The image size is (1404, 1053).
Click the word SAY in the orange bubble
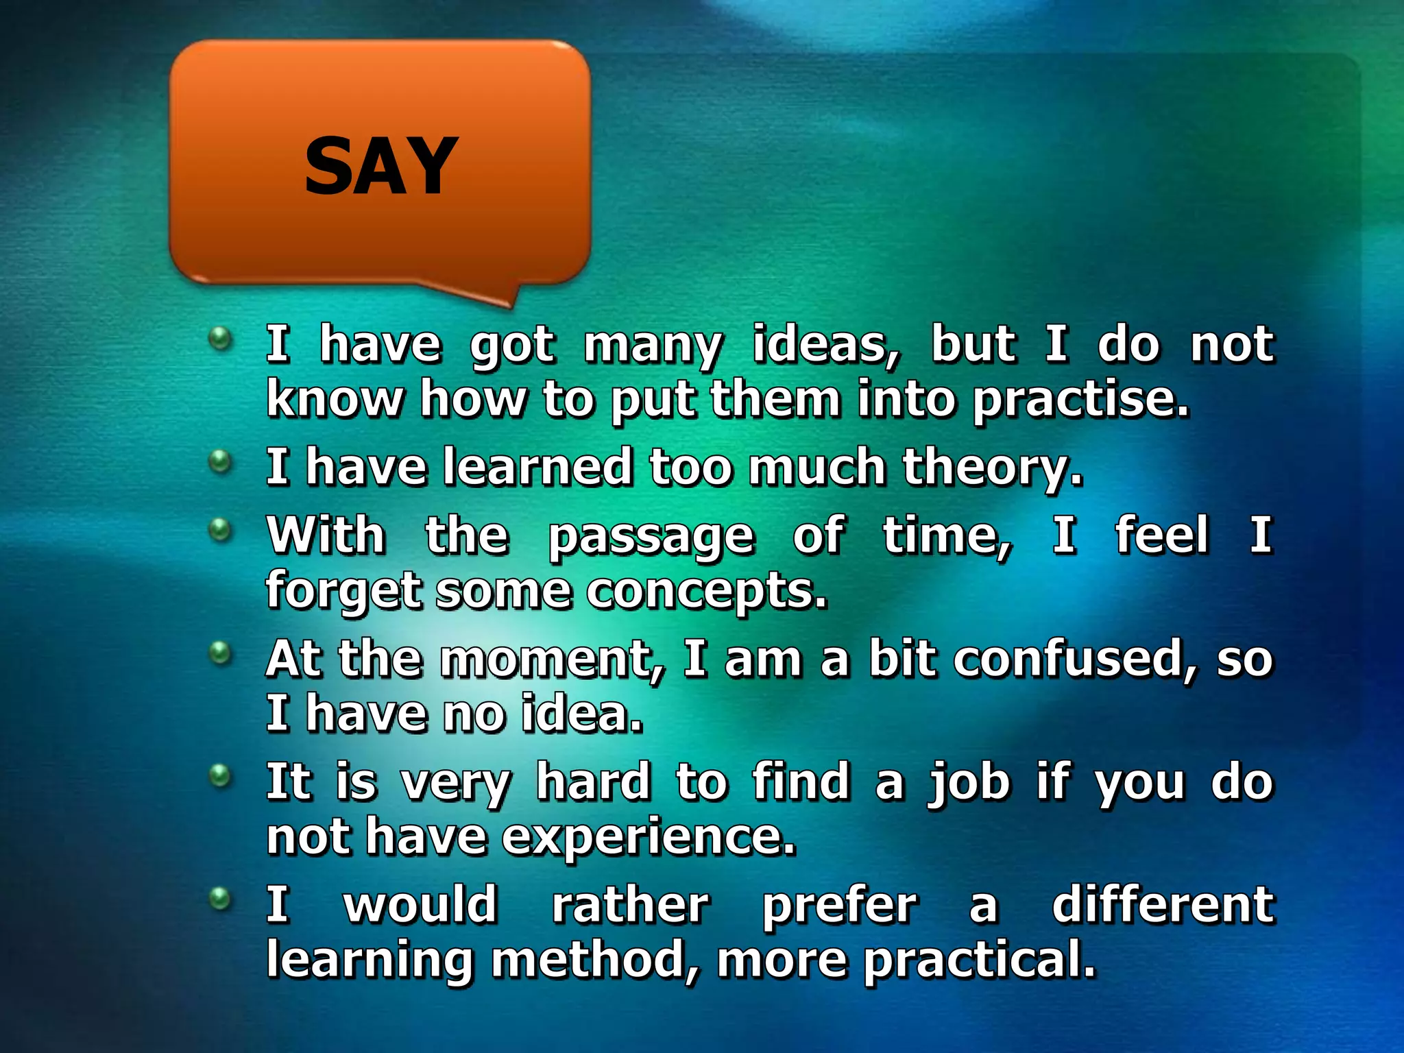pos(380,166)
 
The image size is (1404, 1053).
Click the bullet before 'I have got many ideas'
pos(220,337)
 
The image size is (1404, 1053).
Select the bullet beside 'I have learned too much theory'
pos(220,461)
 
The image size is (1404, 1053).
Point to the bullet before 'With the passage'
pos(220,529)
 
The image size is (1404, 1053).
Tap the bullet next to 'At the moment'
pos(220,652)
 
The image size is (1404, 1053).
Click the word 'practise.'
pos(1080,400)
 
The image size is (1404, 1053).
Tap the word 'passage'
pos(651,537)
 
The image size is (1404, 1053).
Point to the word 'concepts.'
pos(707,592)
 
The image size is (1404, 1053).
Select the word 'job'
pos(968,783)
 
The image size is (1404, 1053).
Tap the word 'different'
pos(1163,905)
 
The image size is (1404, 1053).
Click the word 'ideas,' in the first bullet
pos(826,344)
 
